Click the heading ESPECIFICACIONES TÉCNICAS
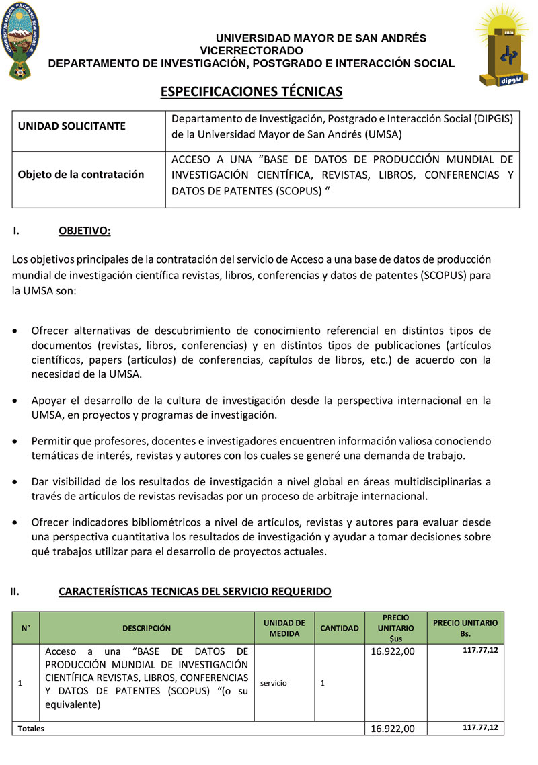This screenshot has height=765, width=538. pyautogui.click(x=252, y=91)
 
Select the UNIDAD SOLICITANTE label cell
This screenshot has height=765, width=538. pyautogui.click(x=62, y=126)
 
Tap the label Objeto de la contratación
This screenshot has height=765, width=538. pyautogui.click(x=81, y=175)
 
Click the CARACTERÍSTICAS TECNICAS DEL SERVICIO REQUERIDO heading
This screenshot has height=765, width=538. pyautogui.click(x=195, y=592)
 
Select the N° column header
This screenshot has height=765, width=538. pyautogui.click(x=26, y=629)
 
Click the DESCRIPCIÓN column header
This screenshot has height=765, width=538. pyautogui.click(x=147, y=629)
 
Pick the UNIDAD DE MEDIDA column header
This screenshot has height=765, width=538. pyautogui.click(x=284, y=629)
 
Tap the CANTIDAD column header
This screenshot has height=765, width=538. pyautogui.click(x=340, y=629)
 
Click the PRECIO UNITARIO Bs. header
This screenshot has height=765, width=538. pyautogui.click(x=465, y=628)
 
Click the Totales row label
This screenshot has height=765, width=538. pyautogui.click(x=31, y=729)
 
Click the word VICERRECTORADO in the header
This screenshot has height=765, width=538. pyautogui.click(x=252, y=50)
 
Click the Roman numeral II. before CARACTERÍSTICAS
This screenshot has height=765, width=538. pyautogui.click(x=14, y=592)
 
